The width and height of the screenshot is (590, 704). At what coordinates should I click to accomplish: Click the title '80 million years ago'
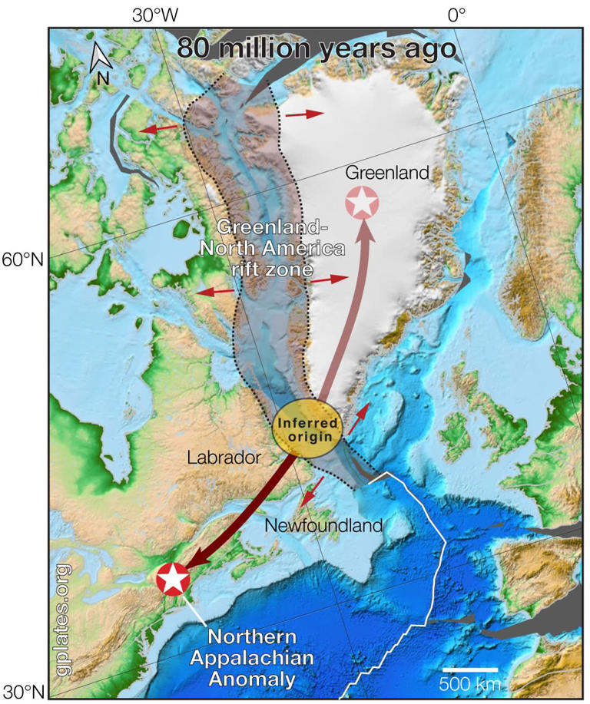pyautogui.click(x=317, y=48)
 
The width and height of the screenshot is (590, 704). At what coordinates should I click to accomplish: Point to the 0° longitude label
pyautogui.click(x=457, y=15)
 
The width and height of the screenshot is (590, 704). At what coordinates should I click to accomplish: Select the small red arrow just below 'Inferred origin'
pyautogui.click(x=310, y=491)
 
